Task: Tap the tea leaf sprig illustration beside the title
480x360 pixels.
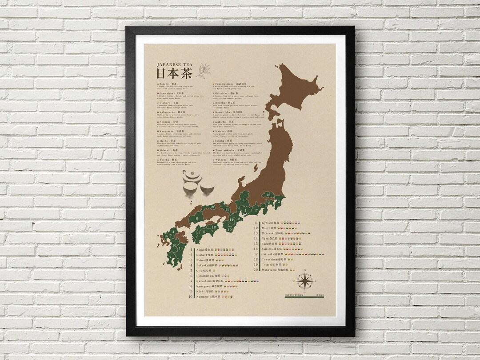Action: click(x=204, y=70)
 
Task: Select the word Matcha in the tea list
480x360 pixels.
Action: click(x=221, y=131)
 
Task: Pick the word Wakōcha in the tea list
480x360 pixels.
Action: click(x=222, y=159)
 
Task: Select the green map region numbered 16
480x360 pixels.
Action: click(x=268, y=195)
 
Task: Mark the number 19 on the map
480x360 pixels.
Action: click(x=213, y=207)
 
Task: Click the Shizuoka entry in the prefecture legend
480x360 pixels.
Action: click(x=273, y=254)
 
